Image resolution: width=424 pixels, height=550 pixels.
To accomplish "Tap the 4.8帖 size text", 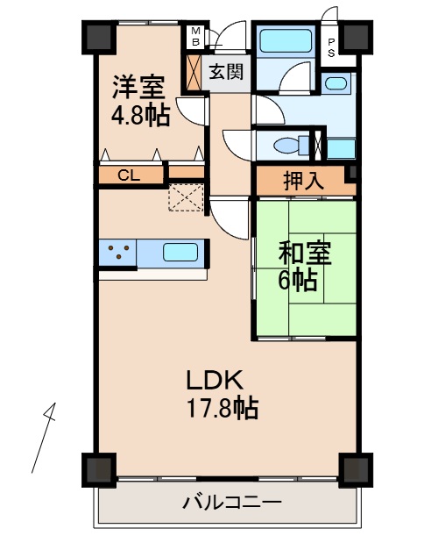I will [x=139, y=116].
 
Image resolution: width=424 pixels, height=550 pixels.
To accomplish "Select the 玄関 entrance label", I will [x=225, y=72].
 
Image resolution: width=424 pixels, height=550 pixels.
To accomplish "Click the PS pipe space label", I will [x=331, y=45].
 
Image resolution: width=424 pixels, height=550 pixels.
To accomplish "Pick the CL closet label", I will [x=129, y=175].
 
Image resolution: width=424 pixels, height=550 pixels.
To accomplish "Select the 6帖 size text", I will [x=298, y=281].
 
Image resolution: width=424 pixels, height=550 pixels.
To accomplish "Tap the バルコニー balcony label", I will [x=231, y=504].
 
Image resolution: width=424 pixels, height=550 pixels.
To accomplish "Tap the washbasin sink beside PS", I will [x=336, y=84].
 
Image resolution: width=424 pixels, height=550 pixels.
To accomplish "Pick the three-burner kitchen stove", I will [x=117, y=253].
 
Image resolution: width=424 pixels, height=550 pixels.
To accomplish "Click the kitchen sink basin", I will [x=181, y=253].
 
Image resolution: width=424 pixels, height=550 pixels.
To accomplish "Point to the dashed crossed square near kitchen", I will [x=185, y=197].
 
